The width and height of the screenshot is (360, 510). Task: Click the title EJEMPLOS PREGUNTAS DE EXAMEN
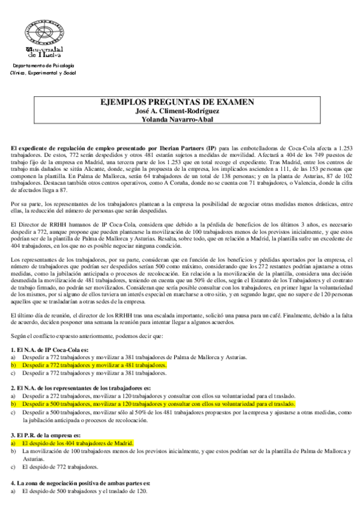click(x=178, y=102)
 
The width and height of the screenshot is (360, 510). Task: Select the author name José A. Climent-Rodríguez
click(x=178, y=111)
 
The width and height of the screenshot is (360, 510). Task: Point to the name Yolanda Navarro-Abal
click(x=178, y=118)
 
